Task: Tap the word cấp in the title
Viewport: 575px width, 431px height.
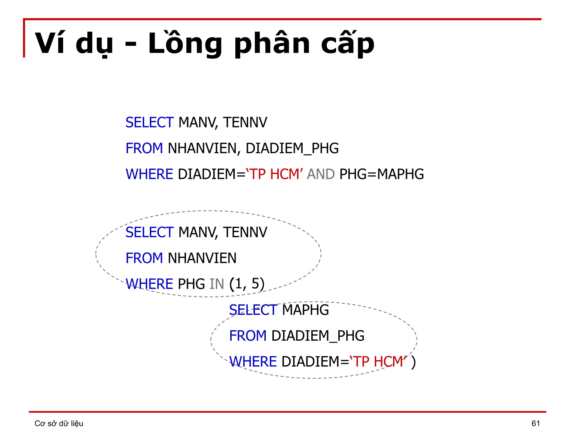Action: click(x=348, y=44)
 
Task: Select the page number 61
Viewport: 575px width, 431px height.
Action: click(x=536, y=423)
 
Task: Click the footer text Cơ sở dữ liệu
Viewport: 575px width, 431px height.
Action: click(x=59, y=423)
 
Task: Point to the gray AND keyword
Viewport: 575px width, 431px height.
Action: click(x=321, y=174)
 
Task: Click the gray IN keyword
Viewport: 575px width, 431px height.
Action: click(x=217, y=284)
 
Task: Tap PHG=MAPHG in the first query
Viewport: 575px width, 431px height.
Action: click(x=382, y=174)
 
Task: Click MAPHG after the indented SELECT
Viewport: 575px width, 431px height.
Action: click(x=305, y=310)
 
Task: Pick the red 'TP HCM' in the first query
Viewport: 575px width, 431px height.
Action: click(x=274, y=174)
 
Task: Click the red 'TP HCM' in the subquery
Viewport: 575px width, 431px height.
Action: click(x=378, y=361)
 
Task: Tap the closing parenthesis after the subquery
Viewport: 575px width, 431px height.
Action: click(x=413, y=362)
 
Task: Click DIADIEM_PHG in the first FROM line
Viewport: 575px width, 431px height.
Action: click(x=292, y=148)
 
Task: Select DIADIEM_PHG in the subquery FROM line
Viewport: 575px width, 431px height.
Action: click(x=318, y=336)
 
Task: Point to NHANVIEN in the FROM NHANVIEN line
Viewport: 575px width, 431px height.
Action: click(x=202, y=258)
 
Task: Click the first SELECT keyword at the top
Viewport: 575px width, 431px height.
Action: click(x=150, y=123)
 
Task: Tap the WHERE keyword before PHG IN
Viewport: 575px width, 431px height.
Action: click(x=149, y=284)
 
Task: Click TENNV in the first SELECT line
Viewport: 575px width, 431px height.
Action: click(x=245, y=123)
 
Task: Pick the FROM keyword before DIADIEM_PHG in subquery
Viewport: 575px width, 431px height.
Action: click(x=248, y=336)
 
